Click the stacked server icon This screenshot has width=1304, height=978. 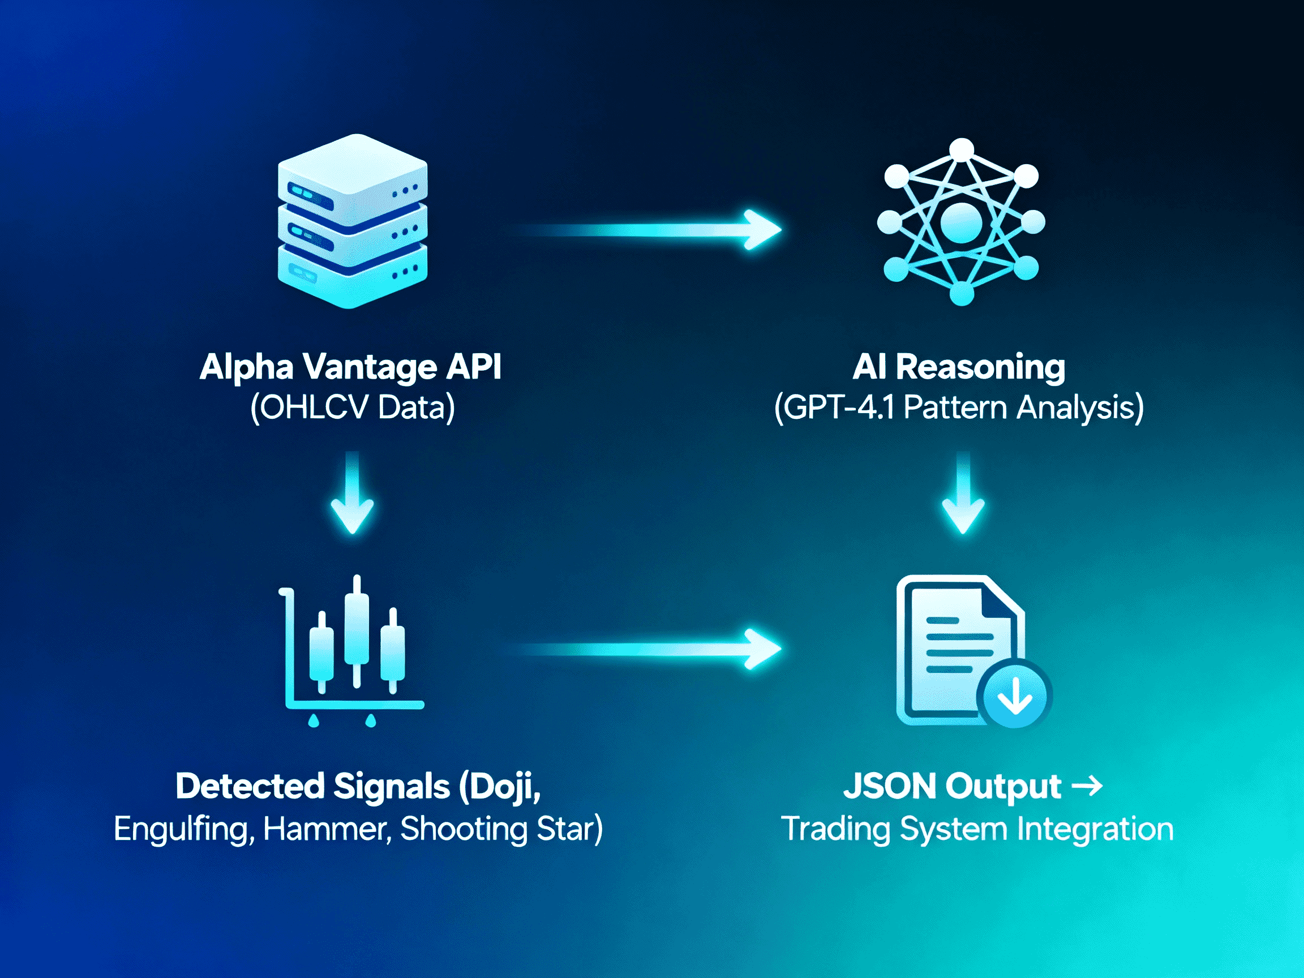[353, 221]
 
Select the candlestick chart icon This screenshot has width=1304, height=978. [353, 649]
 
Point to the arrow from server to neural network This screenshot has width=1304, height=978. [649, 229]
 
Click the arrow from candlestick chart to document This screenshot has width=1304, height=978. [649, 649]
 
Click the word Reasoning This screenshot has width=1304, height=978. [981, 368]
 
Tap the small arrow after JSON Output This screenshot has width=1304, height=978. [1087, 786]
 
